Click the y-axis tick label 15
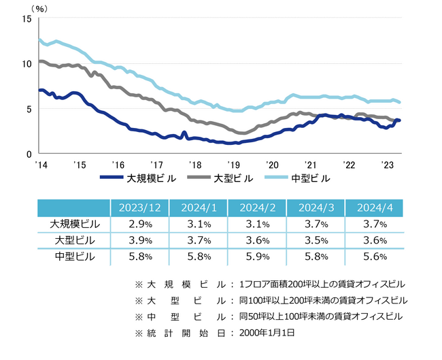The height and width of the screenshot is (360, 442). (27, 19)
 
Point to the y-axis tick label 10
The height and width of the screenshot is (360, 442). (27, 64)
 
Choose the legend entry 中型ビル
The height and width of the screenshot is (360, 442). (311, 178)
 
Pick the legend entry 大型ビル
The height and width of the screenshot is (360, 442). (233, 178)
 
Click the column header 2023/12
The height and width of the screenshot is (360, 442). (140, 208)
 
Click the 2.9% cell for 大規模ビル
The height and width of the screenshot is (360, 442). (140, 224)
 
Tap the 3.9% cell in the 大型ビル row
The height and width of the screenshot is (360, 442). (140, 240)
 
